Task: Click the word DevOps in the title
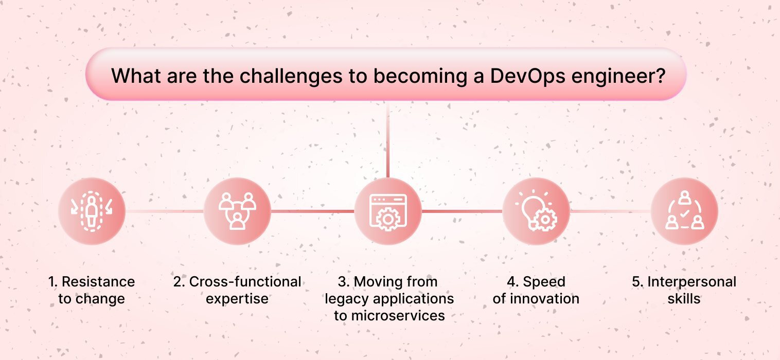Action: click(527, 76)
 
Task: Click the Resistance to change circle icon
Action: click(92, 211)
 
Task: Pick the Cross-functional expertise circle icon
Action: click(237, 211)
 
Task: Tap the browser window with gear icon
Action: click(388, 211)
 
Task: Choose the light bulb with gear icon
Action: click(536, 211)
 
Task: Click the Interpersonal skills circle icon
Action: click(684, 211)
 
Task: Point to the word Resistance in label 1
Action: click(98, 282)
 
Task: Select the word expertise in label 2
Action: click(237, 299)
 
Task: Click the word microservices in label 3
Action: click(398, 316)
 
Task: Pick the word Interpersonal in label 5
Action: click(692, 282)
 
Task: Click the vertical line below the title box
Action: click(388, 139)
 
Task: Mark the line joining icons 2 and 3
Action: click(312, 211)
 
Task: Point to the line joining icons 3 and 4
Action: click(462, 211)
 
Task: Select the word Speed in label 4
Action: click(544, 282)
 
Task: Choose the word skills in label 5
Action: click(684, 299)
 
